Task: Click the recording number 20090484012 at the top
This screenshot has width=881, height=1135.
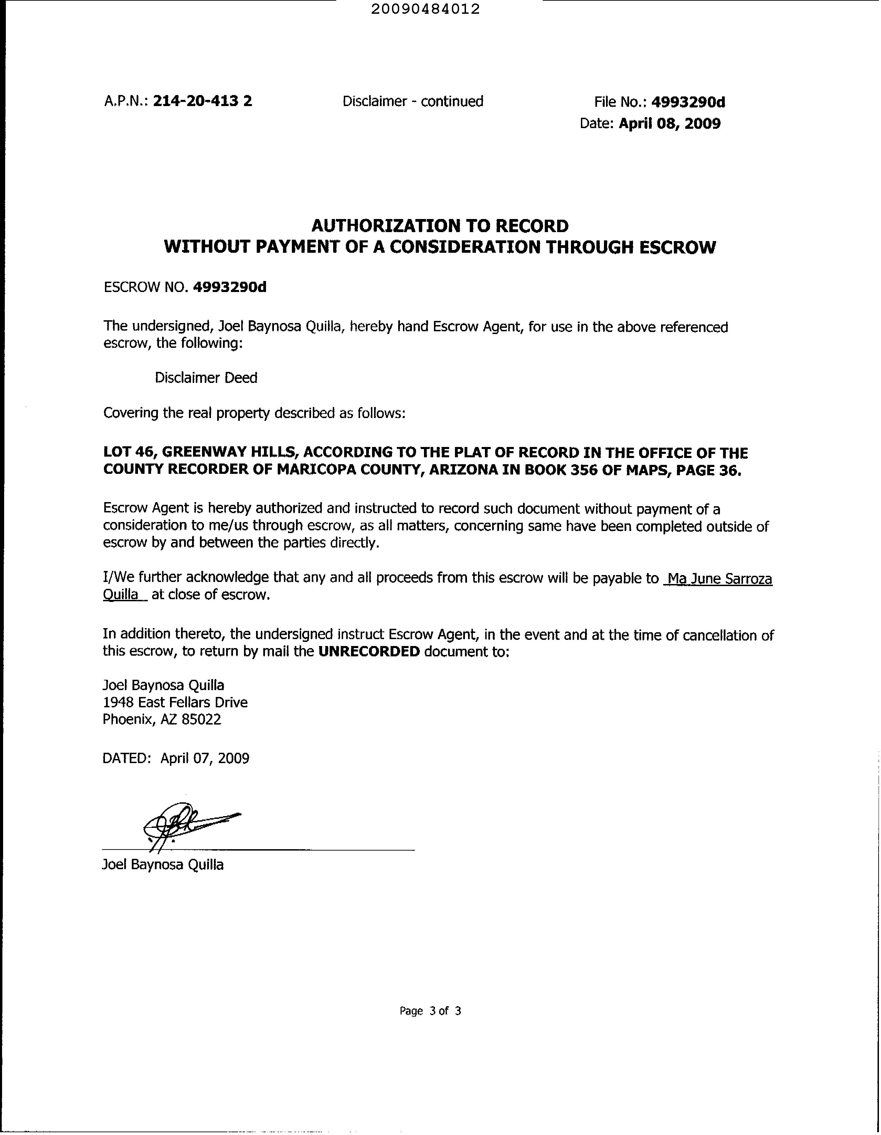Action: click(425, 9)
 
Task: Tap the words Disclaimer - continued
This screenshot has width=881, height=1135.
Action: click(413, 101)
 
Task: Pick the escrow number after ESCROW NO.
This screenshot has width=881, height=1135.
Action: click(230, 287)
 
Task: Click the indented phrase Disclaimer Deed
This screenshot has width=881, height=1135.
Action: click(206, 378)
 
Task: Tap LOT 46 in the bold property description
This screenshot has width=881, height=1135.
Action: click(129, 452)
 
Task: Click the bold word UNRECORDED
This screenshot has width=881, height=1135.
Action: click(369, 651)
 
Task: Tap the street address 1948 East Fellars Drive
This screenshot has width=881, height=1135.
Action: click(175, 702)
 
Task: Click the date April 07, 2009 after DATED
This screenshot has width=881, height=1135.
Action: click(205, 758)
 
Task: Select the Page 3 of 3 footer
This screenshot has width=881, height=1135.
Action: click(430, 1011)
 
